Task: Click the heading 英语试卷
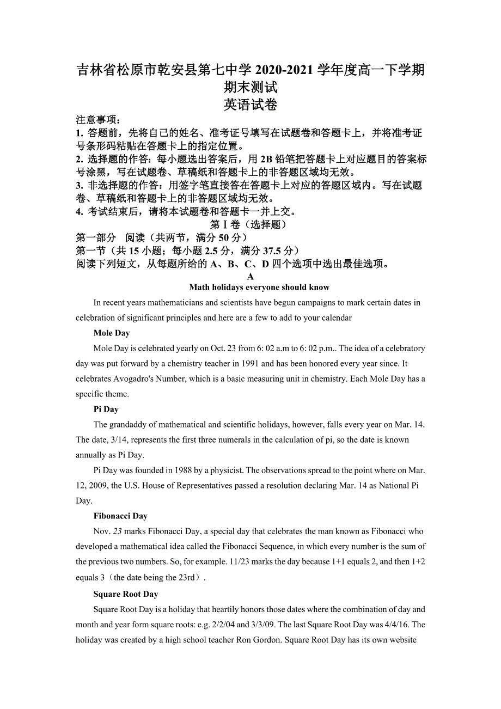pyautogui.click(x=250, y=105)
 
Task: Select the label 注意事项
pyautogui.click(x=98, y=120)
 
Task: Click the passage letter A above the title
pyautogui.click(x=250, y=277)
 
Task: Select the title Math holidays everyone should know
pyautogui.click(x=259, y=288)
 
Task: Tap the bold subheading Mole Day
pyautogui.click(x=112, y=333)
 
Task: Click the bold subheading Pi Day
pyautogui.click(x=106, y=409)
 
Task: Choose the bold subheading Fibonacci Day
pyautogui.click(x=120, y=516)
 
